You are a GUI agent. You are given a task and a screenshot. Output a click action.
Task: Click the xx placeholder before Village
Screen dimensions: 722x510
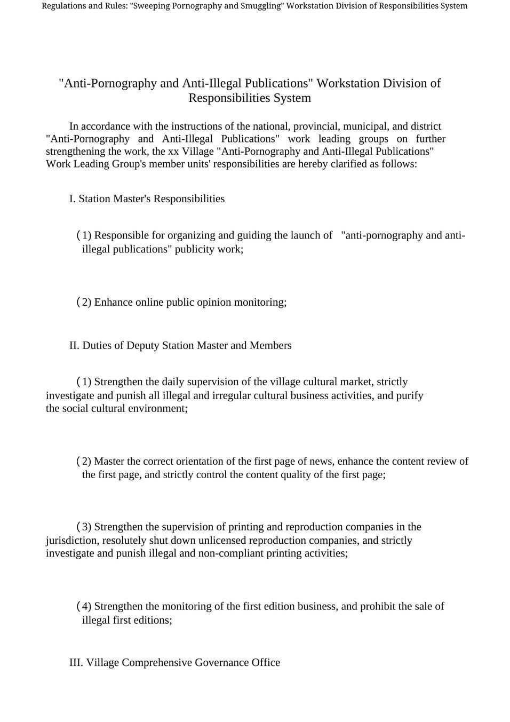tap(173, 152)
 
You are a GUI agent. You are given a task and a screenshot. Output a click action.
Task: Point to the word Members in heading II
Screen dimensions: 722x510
tap(270, 346)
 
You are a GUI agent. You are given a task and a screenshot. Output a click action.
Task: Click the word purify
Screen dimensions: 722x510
tap(410, 396)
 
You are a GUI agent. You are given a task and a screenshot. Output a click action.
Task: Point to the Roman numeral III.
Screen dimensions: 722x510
tap(76, 663)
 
